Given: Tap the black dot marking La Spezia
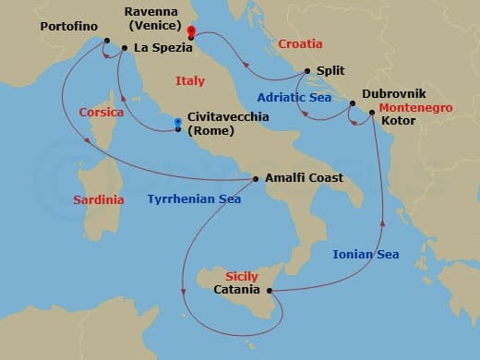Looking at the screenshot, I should click(125, 47).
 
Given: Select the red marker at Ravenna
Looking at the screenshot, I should click(190, 30).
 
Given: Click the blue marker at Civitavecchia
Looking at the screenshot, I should click(178, 122).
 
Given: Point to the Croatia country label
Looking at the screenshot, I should click(301, 43).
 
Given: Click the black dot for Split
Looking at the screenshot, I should click(306, 70).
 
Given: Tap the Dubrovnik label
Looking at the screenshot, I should click(394, 94).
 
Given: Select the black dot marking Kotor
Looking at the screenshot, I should click(372, 113).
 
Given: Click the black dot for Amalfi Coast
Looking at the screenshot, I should click(256, 178).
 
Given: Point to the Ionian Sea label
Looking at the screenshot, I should click(366, 254).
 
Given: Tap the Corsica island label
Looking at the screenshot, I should click(102, 112).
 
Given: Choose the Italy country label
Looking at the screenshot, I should click(189, 81).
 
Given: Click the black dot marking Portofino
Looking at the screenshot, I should click(107, 40).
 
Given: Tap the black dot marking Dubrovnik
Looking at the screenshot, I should click(351, 103).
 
